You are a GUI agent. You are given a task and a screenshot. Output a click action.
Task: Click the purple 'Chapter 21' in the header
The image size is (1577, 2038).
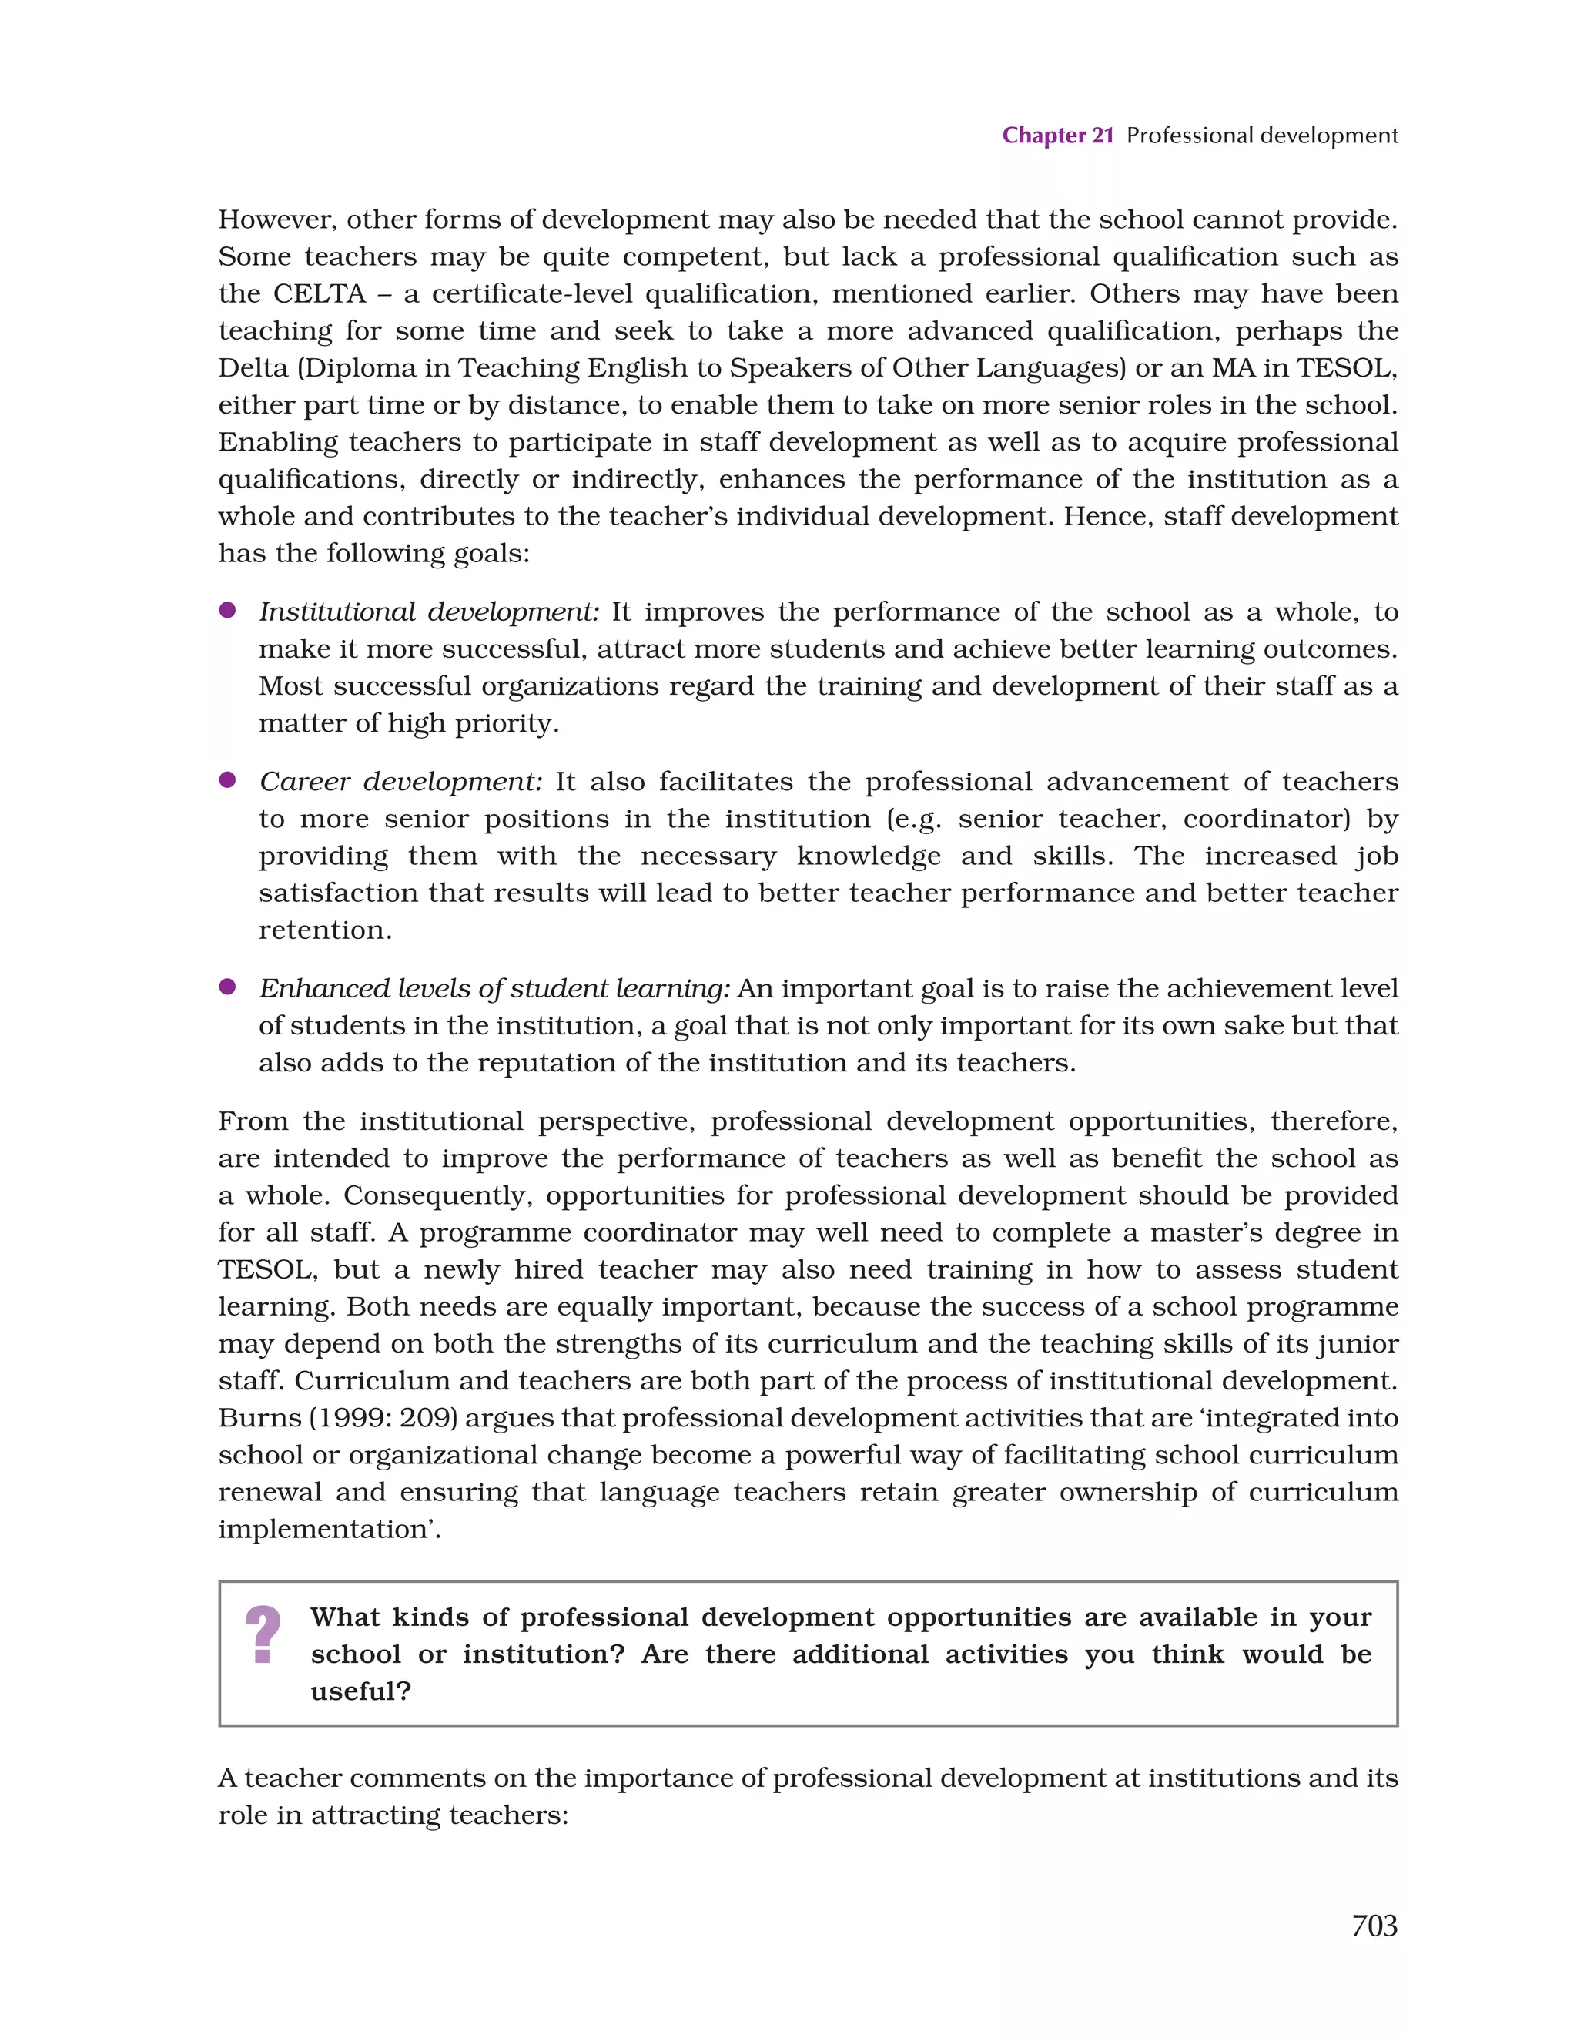click(x=1057, y=136)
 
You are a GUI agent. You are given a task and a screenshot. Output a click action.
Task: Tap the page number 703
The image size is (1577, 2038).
click(x=1374, y=1925)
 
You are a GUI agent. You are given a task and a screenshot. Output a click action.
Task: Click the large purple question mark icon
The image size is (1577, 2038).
click(x=263, y=1635)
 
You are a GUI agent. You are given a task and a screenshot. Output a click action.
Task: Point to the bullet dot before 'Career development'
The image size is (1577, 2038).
click(x=226, y=780)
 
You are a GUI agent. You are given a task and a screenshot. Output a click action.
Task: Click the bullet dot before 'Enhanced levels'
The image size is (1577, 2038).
click(x=226, y=987)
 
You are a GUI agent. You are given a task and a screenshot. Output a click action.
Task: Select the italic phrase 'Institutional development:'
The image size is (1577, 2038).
click(x=429, y=612)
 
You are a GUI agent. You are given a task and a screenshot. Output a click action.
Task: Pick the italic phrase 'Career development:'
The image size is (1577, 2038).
click(x=400, y=782)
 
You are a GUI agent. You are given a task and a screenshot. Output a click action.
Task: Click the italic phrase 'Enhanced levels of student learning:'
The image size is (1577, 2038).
click(x=494, y=989)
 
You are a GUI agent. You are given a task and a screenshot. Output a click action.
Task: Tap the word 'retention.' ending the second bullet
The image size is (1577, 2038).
click(x=325, y=930)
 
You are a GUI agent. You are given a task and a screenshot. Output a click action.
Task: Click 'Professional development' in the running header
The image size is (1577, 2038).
click(x=1261, y=136)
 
